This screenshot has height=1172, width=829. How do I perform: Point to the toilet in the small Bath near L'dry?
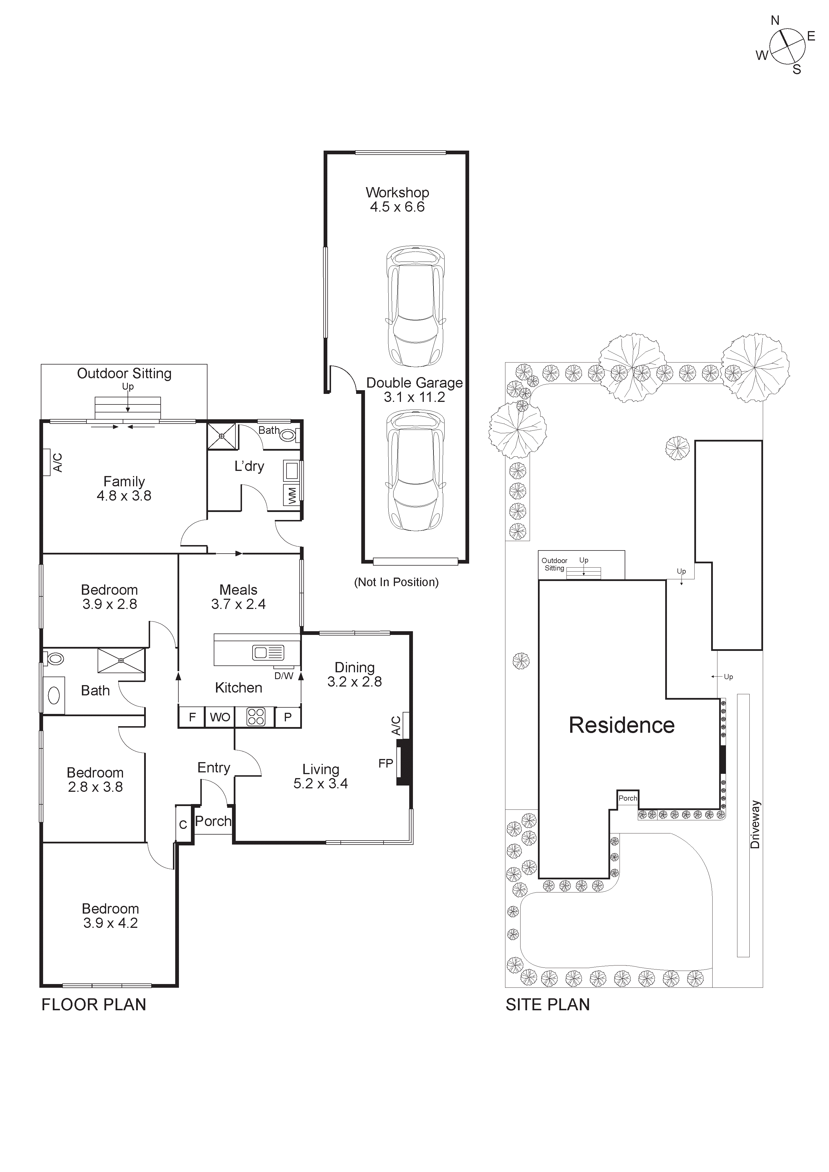(x=288, y=436)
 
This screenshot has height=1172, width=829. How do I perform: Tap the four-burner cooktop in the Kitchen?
(x=256, y=717)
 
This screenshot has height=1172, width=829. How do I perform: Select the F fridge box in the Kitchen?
(x=192, y=717)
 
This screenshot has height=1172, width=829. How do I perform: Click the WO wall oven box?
(x=220, y=717)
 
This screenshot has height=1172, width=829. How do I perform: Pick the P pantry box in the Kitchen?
(x=288, y=717)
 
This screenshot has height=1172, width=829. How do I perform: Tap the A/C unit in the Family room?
(x=47, y=462)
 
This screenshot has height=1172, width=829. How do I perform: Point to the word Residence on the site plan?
(x=621, y=725)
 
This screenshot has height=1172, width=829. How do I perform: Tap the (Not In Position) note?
(x=396, y=582)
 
